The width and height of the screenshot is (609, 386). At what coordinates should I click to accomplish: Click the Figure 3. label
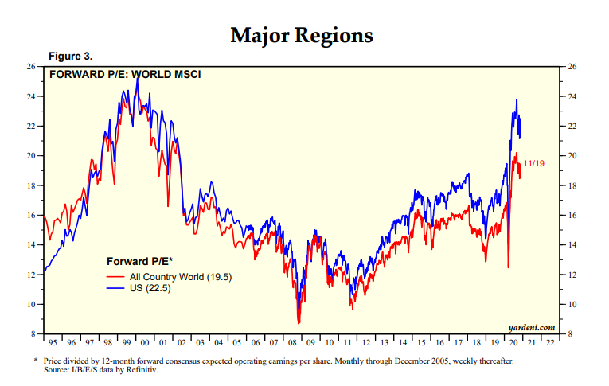point(72,57)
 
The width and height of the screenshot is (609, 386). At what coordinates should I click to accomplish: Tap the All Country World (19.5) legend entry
point(176,275)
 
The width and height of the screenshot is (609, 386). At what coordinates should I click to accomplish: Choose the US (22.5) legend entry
point(150,288)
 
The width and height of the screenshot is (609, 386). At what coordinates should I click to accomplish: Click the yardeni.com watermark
point(531,327)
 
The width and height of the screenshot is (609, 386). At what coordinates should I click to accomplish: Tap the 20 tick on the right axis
point(571,156)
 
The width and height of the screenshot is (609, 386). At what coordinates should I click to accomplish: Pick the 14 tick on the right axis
point(571,245)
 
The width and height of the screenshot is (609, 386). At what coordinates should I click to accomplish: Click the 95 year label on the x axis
point(53,343)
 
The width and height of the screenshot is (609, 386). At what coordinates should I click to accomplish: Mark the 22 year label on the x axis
point(551,343)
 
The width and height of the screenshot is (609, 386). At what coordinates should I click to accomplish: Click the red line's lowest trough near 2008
point(299,322)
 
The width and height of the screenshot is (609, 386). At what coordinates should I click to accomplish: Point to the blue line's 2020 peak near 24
point(517,100)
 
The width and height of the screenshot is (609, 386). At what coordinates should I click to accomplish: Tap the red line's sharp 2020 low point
point(508,267)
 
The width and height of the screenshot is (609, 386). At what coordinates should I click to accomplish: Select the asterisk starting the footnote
point(37,361)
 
